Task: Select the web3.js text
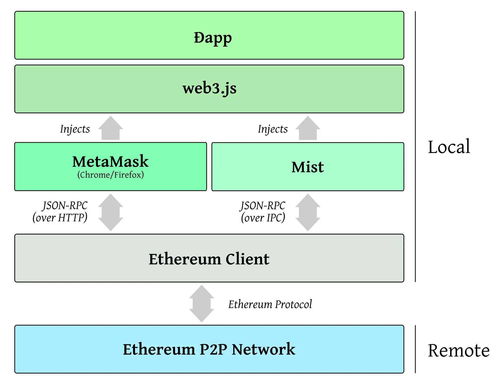pyautogui.click(x=209, y=88)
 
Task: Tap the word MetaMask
pyautogui.click(x=110, y=161)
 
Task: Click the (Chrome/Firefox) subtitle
pyautogui.click(x=110, y=175)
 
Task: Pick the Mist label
pyautogui.click(x=308, y=167)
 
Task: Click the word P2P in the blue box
pyautogui.click(x=213, y=349)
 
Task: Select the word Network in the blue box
pyautogui.click(x=263, y=349)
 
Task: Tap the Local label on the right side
pyautogui.click(x=449, y=147)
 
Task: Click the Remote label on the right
pyautogui.click(x=458, y=350)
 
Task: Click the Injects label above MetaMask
pyautogui.click(x=75, y=129)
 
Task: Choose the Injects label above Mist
pyautogui.click(x=273, y=129)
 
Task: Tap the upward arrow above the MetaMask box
pyautogui.click(x=110, y=128)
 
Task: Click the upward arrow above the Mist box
pyautogui.click(x=308, y=128)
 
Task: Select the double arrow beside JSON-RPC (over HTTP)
pyautogui.click(x=110, y=212)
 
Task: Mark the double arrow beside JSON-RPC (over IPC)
pyautogui.click(x=308, y=212)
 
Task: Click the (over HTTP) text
pyautogui.click(x=60, y=218)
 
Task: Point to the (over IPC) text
pyautogui.click(x=263, y=218)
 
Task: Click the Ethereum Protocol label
pyautogui.click(x=270, y=304)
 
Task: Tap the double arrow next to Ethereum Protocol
pyautogui.click(x=202, y=303)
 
